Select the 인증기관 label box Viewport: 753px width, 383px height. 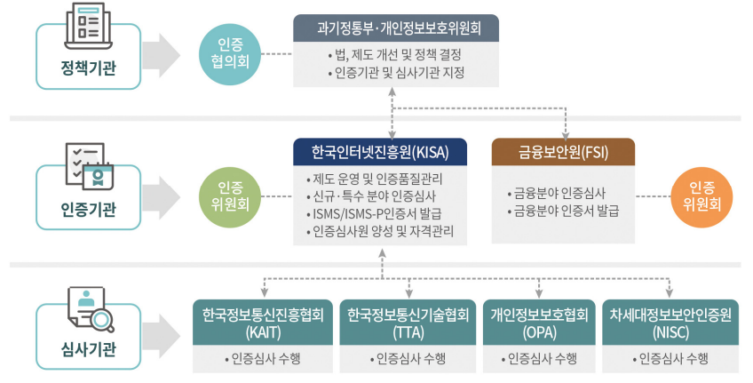pos(88,211)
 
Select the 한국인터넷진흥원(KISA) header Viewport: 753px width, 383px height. pos(382,152)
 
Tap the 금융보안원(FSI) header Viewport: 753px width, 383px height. pos(563,152)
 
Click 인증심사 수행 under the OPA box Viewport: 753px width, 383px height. pos(541,359)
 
